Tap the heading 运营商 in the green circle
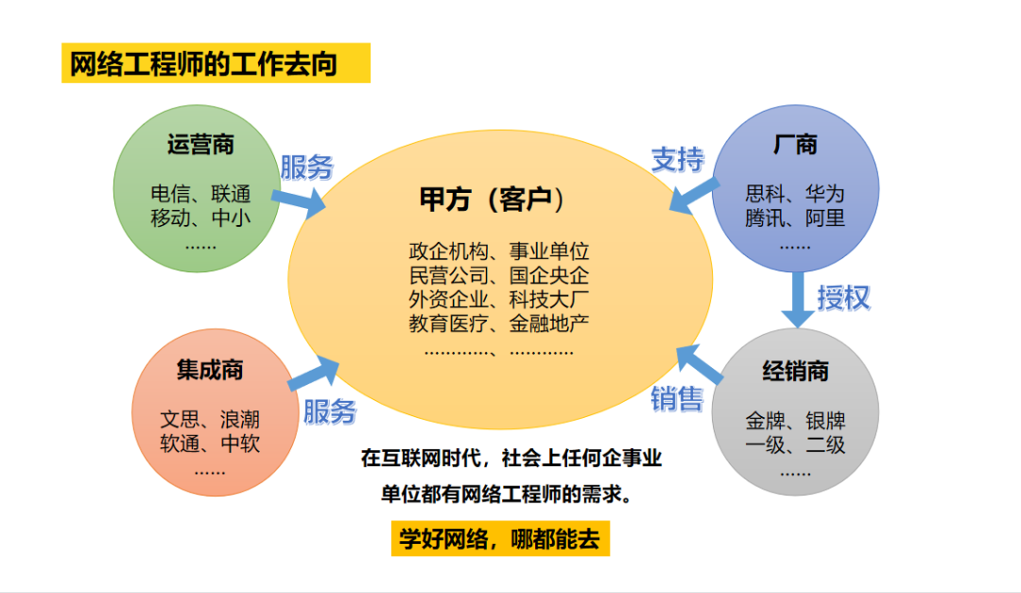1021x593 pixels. tap(200, 145)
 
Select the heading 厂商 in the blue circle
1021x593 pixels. tap(795, 145)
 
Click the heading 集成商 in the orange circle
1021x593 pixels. tap(210, 370)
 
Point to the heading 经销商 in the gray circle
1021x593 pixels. tap(795, 372)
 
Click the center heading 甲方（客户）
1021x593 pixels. tap(498, 200)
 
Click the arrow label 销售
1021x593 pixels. tap(677, 398)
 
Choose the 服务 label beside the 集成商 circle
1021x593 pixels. tap(329, 411)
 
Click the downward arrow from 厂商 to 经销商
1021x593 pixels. tap(796, 302)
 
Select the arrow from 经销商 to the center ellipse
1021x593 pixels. tap(701, 367)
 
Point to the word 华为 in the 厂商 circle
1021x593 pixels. tap(824, 195)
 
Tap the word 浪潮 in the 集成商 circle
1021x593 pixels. tap(240, 419)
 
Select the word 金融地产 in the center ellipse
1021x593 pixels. tap(550, 324)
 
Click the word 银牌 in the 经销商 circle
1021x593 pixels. tap(825, 421)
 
